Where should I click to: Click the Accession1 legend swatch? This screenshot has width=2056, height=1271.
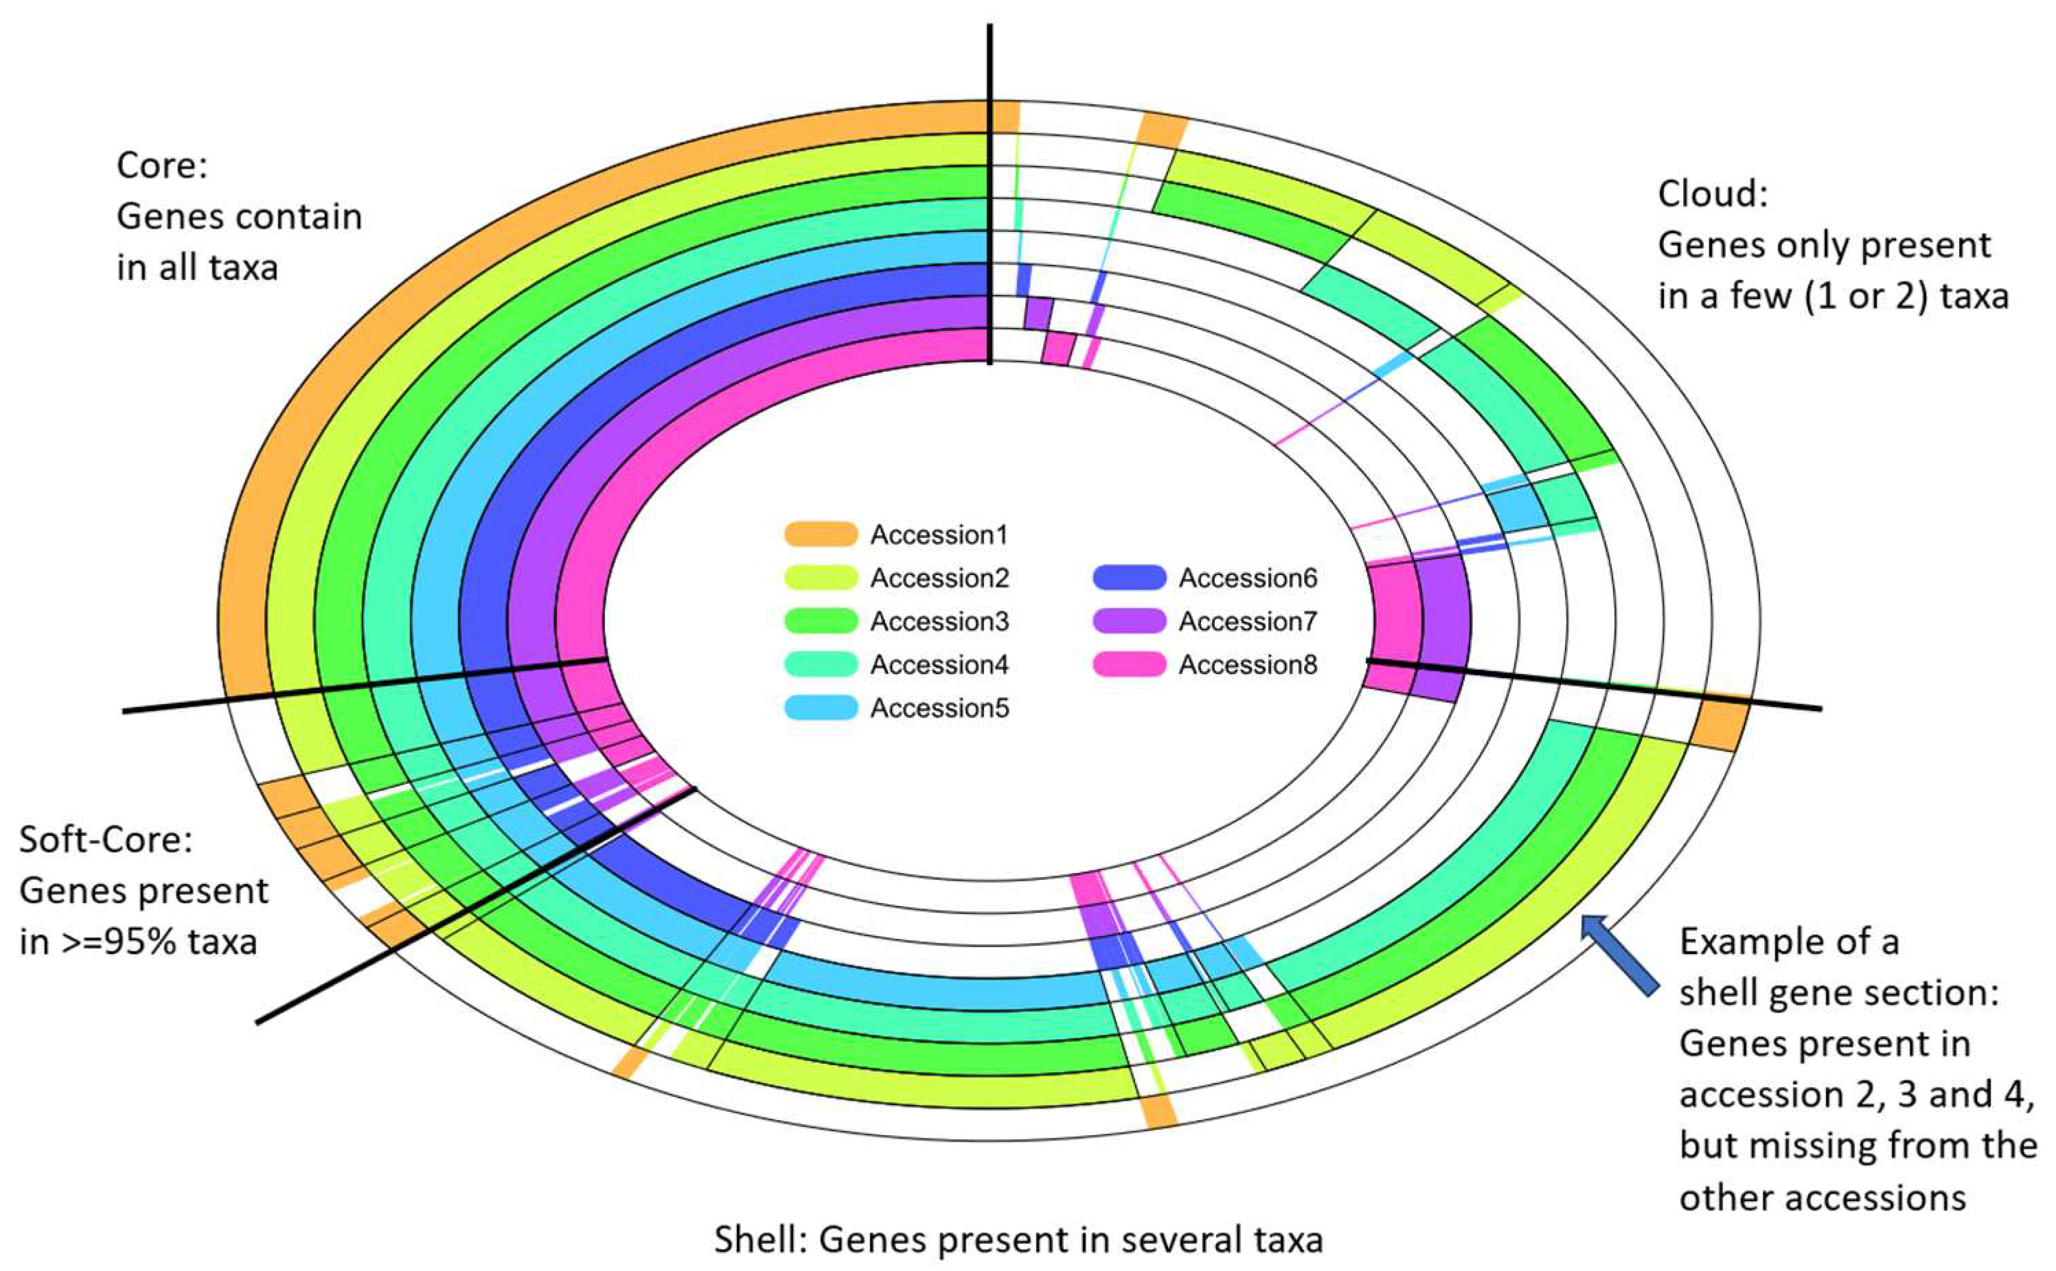click(820, 534)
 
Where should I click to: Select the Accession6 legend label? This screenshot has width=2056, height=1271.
click(1247, 579)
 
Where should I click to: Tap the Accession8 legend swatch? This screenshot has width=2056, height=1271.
click(1128, 665)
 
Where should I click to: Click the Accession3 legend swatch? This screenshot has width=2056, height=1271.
click(820, 621)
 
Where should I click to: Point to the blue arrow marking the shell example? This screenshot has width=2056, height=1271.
click(1619, 955)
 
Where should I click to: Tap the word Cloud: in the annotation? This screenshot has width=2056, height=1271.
click(1712, 194)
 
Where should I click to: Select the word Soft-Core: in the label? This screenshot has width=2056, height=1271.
click(106, 840)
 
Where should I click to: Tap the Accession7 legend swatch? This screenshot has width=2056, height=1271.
click(1128, 621)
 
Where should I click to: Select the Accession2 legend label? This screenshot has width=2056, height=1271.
click(939, 579)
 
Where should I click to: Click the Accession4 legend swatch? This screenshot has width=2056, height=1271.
click(820, 665)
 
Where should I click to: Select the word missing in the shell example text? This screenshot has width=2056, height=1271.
click(1809, 1145)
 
